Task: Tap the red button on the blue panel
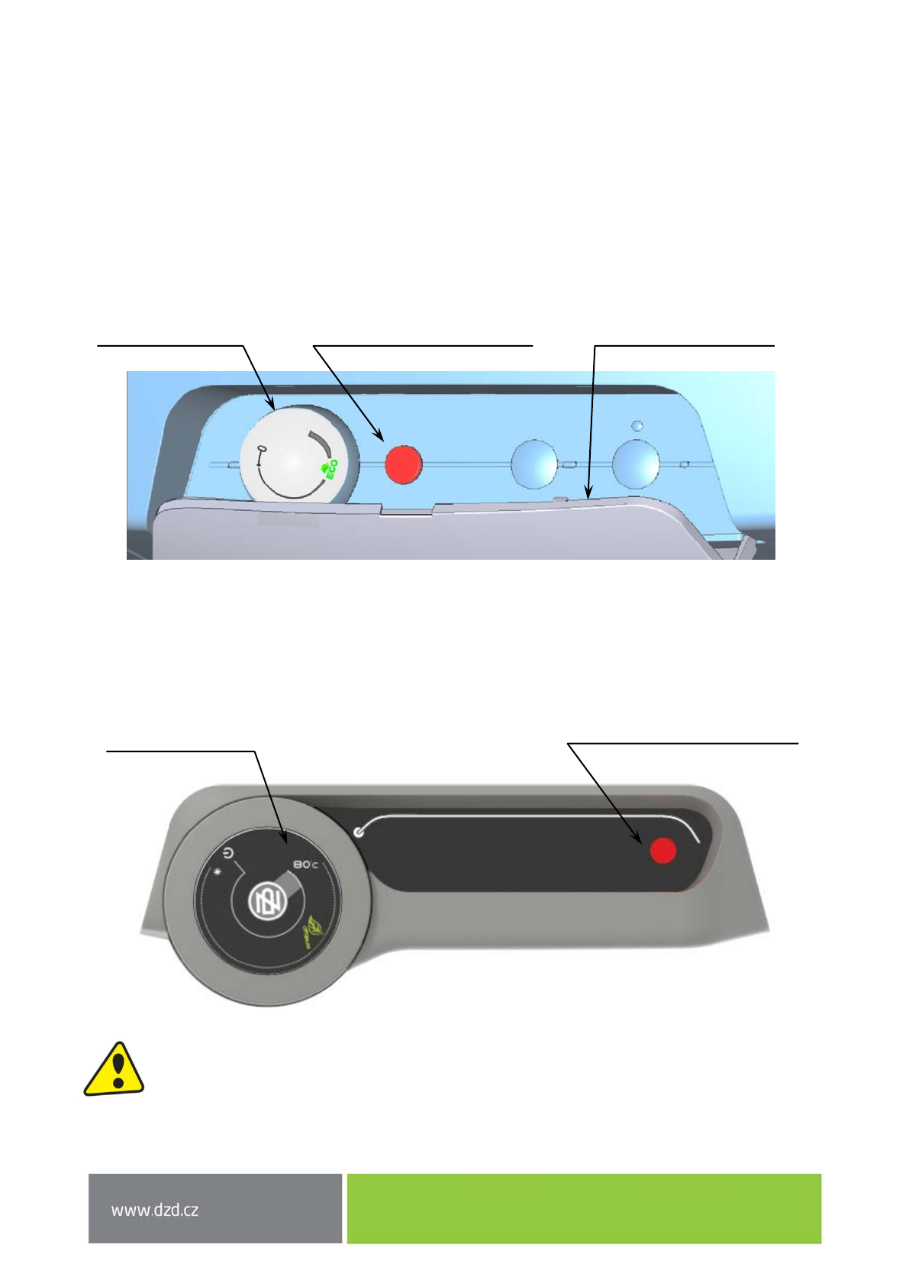click(403, 464)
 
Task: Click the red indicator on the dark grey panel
click(662, 850)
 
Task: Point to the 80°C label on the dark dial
click(305, 864)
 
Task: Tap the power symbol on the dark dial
click(229, 855)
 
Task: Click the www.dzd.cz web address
click(155, 1210)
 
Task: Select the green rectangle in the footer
click(584, 1208)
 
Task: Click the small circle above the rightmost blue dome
click(637, 425)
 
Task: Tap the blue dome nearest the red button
click(534, 463)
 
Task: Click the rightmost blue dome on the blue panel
click(636, 464)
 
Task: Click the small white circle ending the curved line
click(359, 832)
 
